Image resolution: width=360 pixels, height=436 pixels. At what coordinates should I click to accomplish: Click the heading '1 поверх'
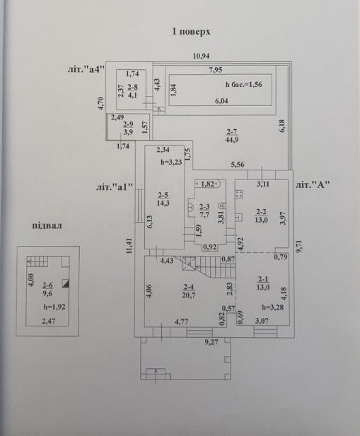[191, 31]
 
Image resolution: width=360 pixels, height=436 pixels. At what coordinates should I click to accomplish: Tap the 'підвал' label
[47, 225]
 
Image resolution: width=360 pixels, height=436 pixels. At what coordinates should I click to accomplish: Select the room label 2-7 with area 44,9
[232, 136]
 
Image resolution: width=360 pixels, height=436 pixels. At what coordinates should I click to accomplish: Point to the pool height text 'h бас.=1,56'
[244, 84]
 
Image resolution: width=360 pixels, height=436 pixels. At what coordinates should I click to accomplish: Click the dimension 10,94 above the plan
[201, 56]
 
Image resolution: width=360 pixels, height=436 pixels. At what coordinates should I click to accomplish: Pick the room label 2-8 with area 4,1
[132, 91]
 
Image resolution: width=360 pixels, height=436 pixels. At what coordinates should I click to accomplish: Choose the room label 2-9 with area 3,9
[128, 128]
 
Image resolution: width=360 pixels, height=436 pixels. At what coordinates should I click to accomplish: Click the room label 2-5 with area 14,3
[163, 199]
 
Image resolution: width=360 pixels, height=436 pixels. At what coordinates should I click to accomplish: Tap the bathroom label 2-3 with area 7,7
[204, 211]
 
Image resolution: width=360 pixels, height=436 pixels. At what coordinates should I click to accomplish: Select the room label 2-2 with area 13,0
[262, 216]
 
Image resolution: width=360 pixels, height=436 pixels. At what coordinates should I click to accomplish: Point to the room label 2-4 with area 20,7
[188, 291]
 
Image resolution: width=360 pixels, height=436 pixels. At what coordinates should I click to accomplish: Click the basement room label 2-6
[47, 289]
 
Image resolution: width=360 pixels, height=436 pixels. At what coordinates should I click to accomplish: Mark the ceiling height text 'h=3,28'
[272, 307]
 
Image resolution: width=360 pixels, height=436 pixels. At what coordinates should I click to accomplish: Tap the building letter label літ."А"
[313, 184]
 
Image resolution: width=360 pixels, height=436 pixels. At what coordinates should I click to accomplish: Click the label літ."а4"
[86, 69]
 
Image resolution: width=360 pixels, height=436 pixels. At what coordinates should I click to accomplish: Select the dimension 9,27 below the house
[211, 342]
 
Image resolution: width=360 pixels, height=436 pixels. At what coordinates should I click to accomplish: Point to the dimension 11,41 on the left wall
[129, 246]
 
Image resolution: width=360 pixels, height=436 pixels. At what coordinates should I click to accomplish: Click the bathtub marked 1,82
[207, 184]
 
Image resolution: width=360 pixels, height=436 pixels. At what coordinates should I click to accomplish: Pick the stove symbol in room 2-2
[239, 194]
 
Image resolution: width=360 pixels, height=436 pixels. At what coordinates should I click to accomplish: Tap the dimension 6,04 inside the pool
[221, 100]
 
